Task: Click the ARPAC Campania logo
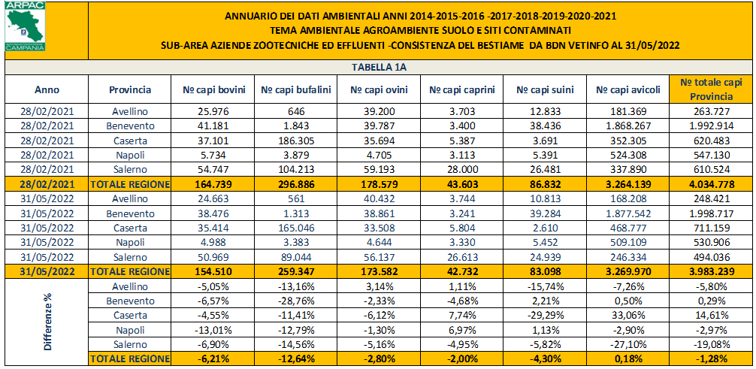coord(24,27)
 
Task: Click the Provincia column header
coord(129,89)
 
